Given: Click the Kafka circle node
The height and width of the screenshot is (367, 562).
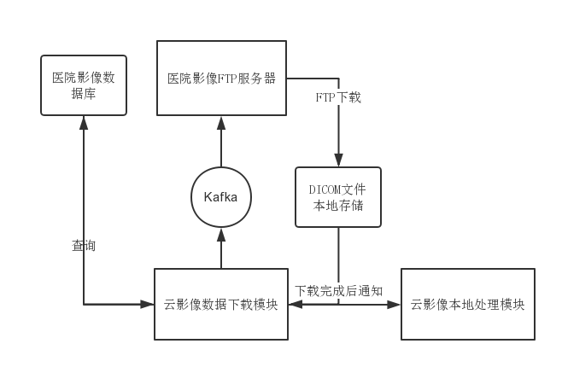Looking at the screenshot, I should click(221, 197).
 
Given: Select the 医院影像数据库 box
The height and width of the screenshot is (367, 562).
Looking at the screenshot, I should click(83, 84).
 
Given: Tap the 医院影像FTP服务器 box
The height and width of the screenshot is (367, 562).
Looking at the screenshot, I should click(221, 77).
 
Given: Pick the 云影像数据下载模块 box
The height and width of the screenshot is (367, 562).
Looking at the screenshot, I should click(220, 304).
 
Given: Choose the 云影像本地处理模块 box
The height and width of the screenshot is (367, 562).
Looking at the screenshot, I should click(467, 304).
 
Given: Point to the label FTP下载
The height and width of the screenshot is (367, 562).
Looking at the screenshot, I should click(338, 97).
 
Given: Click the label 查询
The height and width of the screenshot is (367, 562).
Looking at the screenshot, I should click(83, 246).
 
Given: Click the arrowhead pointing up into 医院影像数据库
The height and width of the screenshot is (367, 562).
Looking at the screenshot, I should click(83, 121).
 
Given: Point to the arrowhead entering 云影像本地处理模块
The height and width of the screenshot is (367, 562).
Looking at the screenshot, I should click(395, 303).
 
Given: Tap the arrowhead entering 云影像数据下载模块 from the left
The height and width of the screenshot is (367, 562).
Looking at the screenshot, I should click(148, 303).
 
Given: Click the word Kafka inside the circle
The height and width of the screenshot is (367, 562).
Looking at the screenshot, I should click(221, 197).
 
